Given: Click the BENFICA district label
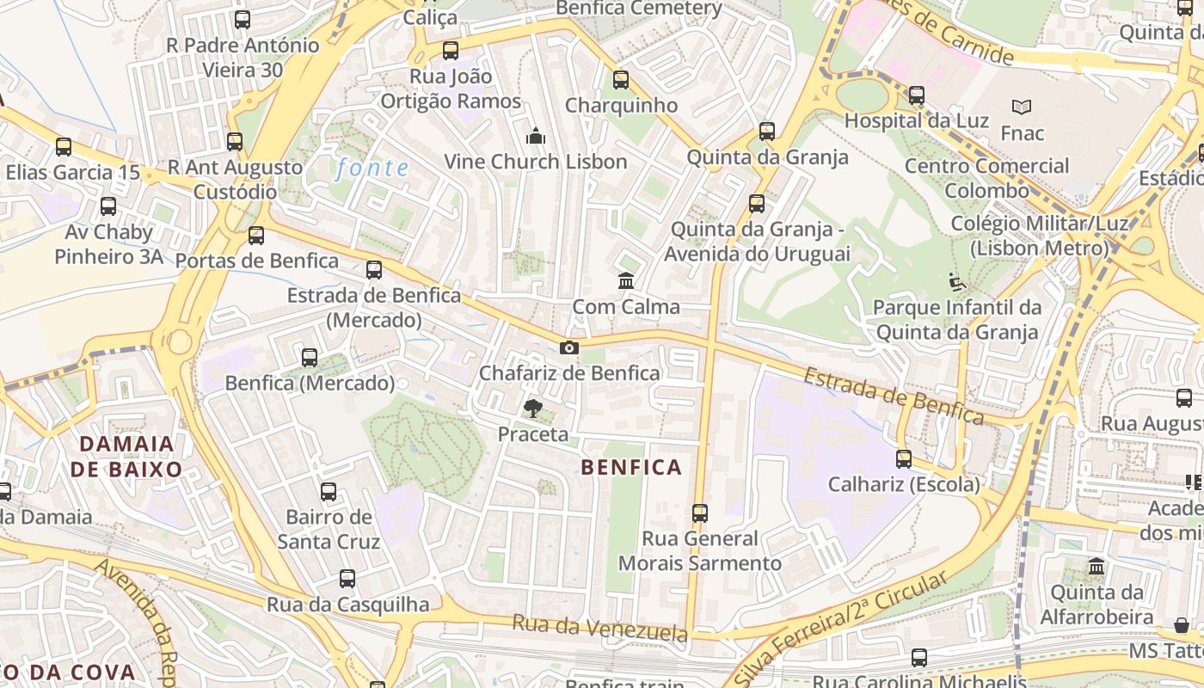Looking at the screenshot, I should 631,468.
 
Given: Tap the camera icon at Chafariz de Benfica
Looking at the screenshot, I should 568,348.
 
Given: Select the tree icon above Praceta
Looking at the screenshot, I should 533,408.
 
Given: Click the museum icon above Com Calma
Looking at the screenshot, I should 626,281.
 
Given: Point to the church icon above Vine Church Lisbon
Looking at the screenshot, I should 536,136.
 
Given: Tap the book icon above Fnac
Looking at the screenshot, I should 1022,107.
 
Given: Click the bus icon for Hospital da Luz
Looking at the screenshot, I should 917,95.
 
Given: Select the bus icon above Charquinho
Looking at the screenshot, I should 621,80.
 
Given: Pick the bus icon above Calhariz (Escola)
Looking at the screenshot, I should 903,459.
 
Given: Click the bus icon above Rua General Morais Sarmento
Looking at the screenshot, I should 699,513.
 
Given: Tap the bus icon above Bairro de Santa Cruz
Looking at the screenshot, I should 329,492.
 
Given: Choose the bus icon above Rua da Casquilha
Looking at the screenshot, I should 347,579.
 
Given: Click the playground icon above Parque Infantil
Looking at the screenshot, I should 956,282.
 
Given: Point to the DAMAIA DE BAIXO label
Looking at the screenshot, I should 126,457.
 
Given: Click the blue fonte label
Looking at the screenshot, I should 372,168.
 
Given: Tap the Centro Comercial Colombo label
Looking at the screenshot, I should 986,178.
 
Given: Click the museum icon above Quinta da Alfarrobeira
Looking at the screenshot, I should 1096,567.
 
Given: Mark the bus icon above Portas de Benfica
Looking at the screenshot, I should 256,236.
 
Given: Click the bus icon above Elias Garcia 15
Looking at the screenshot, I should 64,147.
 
